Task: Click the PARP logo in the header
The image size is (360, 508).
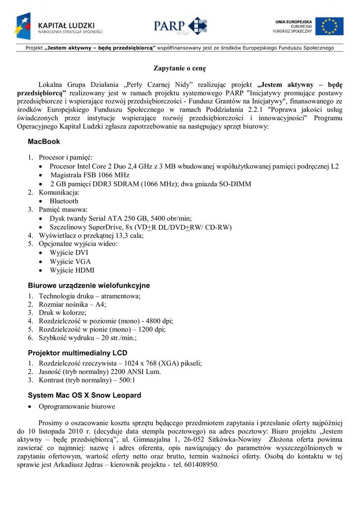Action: (180, 26)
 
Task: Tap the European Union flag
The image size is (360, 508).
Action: (329, 26)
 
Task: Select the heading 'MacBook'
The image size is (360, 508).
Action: (44, 142)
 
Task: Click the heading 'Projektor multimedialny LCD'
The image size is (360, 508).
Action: (77, 353)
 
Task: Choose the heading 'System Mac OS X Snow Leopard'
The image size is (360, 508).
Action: (84, 395)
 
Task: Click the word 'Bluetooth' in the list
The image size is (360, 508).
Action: (64, 201)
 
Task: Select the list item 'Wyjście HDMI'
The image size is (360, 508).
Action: (72, 270)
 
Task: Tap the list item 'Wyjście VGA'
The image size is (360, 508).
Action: (71, 261)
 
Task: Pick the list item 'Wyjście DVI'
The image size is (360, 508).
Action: (69, 253)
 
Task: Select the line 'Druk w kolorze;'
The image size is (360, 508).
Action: (63, 312)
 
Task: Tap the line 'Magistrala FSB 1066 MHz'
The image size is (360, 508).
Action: (90, 175)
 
